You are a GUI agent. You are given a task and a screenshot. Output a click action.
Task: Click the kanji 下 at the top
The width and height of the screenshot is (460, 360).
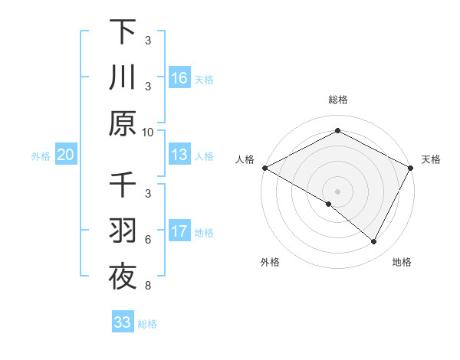122,32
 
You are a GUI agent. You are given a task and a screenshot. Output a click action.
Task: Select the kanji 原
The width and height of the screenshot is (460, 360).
122,122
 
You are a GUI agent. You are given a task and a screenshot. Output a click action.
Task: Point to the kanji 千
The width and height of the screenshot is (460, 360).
122,186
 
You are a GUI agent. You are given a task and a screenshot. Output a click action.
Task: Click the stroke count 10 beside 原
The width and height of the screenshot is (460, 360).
148,131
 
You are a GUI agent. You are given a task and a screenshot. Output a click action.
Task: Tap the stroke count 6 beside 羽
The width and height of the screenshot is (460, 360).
148,239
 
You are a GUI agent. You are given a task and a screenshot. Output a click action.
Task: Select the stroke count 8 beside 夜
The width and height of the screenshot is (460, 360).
148,286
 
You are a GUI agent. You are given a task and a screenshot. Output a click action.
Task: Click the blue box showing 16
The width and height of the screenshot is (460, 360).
179,77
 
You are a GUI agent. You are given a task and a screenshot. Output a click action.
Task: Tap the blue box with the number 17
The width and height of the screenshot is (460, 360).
179,231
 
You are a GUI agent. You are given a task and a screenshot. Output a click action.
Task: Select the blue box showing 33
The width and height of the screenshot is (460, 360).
122,322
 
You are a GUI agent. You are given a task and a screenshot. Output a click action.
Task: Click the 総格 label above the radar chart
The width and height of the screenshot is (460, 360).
337,100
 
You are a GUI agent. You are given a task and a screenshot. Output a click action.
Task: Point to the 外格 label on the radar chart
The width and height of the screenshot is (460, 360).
270,262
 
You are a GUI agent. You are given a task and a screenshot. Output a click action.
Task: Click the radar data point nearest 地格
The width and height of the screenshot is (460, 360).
374,242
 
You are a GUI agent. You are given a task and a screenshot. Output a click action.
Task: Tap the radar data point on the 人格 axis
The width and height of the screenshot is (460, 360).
264,168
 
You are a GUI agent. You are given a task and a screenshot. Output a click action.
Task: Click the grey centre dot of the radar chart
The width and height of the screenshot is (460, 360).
337,191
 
